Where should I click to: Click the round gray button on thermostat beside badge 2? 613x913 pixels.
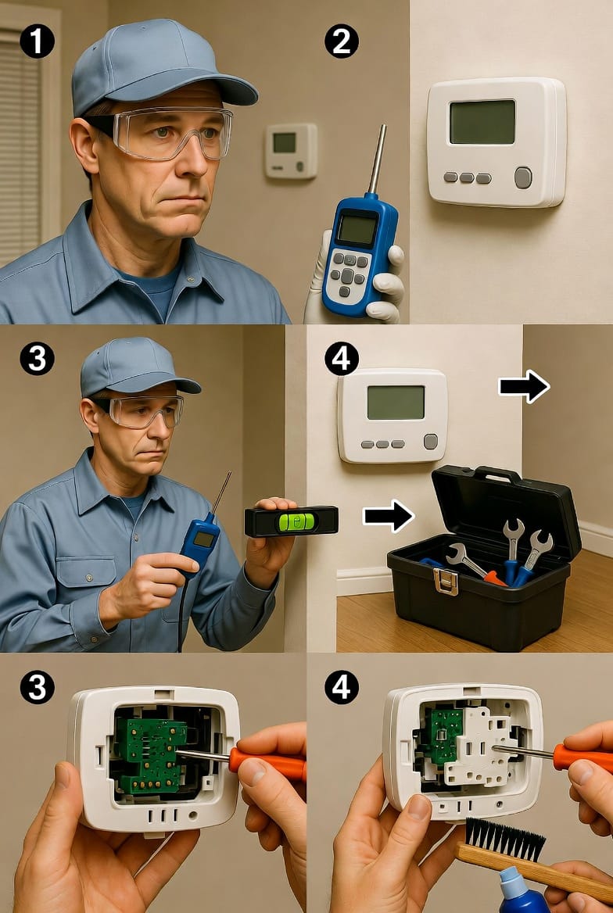[x=522, y=177]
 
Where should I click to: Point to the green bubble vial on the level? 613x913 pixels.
[x=300, y=521]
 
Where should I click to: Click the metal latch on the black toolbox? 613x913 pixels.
[x=446, y=581]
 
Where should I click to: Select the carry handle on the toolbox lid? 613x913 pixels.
[x=497, y=474]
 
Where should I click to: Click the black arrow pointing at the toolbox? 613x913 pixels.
[x=389, y=515]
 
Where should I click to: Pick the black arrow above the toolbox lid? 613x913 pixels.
[x=524, y=387]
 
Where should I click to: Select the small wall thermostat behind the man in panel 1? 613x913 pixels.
[x=291, y=150]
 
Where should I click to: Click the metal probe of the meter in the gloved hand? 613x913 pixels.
[x=377, y=159]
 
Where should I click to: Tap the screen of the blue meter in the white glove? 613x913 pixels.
[x=357, y=229]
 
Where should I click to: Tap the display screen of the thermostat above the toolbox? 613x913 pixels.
[x=396, y=403]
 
